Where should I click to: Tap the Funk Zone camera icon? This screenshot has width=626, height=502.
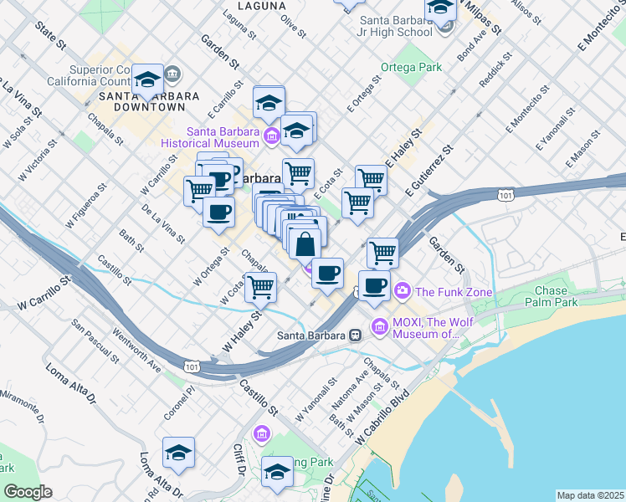click(x=403, y=291)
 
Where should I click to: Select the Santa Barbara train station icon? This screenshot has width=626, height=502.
click(x=356, y=336)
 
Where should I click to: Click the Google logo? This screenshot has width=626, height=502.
click(x=27, y=491)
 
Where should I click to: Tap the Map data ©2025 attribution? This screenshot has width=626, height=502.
click(x=590, y=495)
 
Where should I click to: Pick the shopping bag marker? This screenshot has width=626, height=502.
click(x=305, y=244)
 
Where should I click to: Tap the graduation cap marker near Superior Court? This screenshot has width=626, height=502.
click(x=148, y=79)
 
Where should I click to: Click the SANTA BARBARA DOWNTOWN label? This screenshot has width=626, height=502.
click(x=142, y=101)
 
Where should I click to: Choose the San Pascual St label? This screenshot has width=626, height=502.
click(x=94, y=340)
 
